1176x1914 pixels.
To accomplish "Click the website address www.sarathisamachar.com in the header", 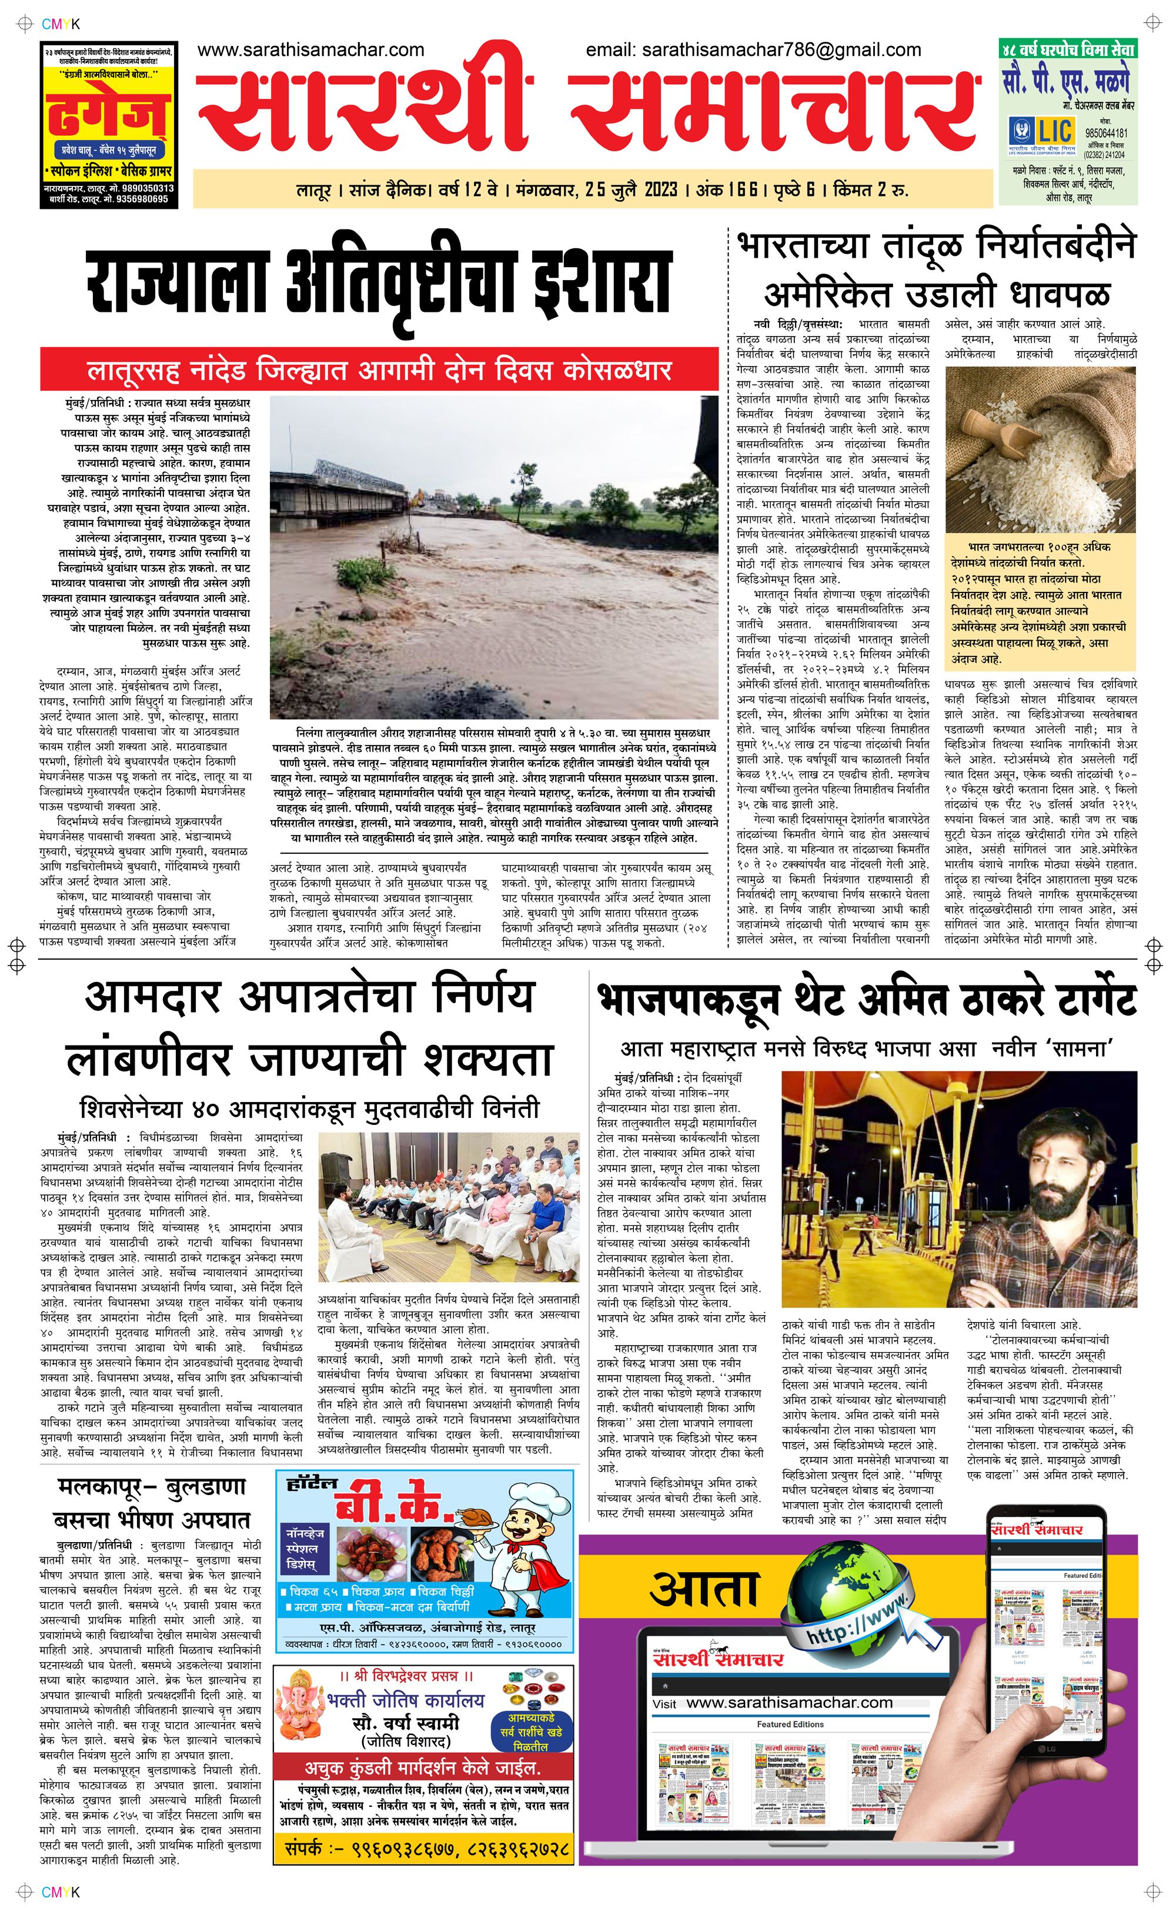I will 311,51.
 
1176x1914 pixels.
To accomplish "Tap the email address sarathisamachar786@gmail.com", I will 781,51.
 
